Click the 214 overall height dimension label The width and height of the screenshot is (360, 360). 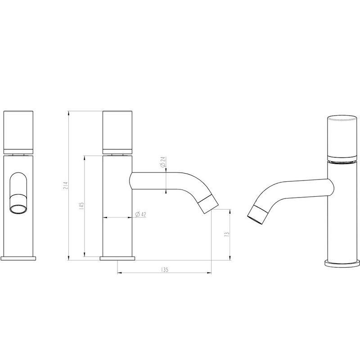point(65,185)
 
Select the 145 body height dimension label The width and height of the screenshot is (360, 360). point(81,206)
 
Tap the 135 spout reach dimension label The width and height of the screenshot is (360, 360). point(164,269)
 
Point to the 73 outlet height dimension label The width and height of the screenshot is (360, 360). point(227,234)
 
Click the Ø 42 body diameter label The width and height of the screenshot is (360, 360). point(141,215)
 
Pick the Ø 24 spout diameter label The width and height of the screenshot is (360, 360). point(163,162)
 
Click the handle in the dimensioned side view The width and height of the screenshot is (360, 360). point(117,132)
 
